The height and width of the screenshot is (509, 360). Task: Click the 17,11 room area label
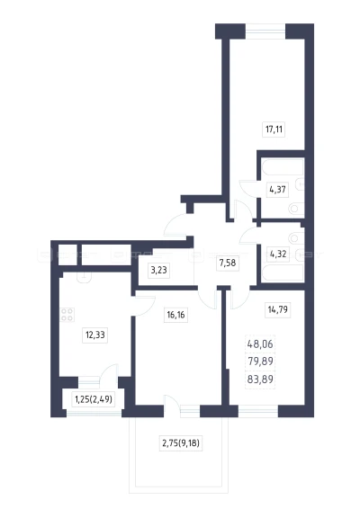tap(274, 129)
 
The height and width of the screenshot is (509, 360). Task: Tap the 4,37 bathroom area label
tap(278, 189)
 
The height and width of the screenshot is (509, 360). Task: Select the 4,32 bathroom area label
tap(278, 254)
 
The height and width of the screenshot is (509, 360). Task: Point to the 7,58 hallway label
tap(228, 263)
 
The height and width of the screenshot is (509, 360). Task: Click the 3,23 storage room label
tap(159, 270)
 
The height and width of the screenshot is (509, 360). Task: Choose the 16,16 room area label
tap(175, 315)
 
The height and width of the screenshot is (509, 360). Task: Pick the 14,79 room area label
tap(278, 309)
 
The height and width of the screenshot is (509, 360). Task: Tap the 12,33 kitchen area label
tap(94, 335)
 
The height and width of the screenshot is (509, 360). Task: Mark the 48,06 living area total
tap(260, 344)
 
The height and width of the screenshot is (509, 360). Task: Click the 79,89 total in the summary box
tap(260, 361)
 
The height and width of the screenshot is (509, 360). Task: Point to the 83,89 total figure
tap(260, 379)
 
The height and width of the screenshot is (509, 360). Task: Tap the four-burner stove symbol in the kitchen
tap(67, 315)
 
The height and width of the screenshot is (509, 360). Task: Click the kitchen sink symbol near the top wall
tap(85, 277)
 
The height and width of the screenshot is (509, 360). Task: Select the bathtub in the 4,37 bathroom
tap(283, 166)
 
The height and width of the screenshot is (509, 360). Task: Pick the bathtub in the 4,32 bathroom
tap(283, 272)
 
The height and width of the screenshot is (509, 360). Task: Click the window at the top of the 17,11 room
tap(265, 31)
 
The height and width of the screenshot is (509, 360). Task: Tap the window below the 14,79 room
tap(258, 411)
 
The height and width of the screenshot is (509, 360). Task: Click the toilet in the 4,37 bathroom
tap(296, 208)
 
